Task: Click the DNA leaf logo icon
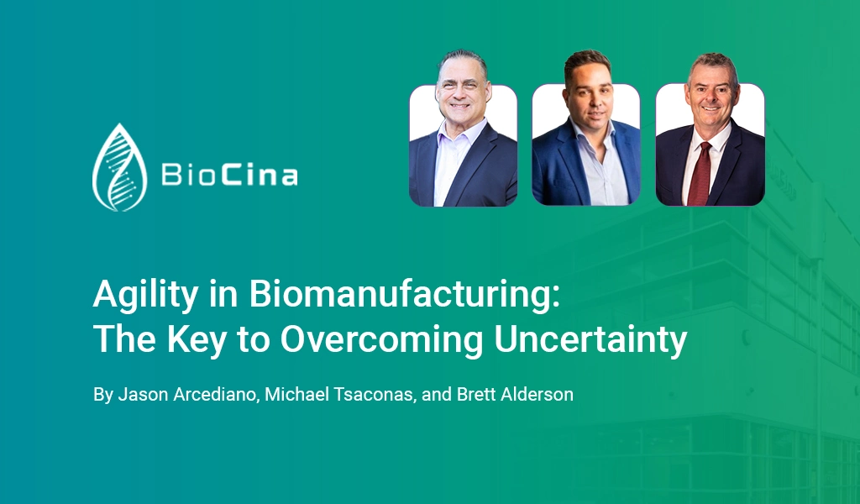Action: [119, 167]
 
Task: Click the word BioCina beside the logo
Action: [229, 175]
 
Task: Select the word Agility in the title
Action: [145, 296]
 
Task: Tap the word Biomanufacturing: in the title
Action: [405, 294]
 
